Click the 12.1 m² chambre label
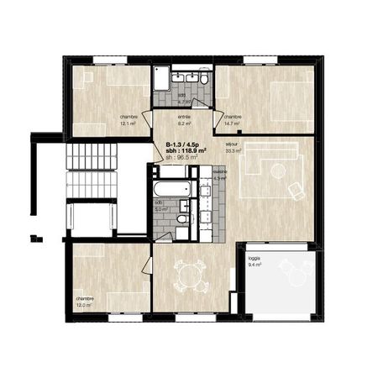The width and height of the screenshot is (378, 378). coord(129,120)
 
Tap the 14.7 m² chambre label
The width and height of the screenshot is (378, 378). coord(232,120)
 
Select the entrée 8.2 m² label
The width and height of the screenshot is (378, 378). coord(183,119)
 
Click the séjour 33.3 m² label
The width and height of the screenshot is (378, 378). coord(233,147)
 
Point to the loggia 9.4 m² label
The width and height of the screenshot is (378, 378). coord(255,261)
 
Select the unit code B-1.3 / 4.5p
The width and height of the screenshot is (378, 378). coord(181,143)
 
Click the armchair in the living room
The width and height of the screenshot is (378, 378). coord(296,190)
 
